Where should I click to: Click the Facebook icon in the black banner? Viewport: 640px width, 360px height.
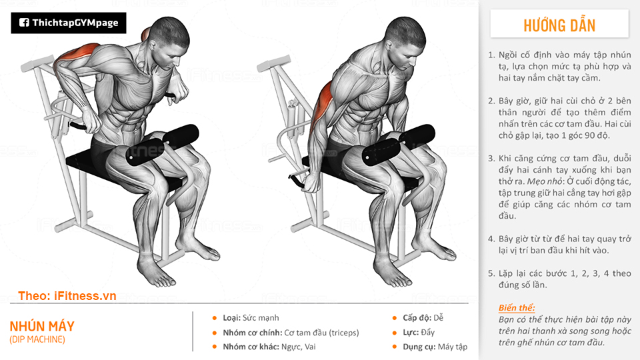(24, 23)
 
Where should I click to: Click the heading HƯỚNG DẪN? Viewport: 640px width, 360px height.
(559, 25)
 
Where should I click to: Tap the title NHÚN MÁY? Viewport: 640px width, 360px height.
(42, 326)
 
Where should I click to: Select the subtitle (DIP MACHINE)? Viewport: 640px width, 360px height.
(37, 339)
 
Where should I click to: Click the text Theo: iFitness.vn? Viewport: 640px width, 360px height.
(67, 296)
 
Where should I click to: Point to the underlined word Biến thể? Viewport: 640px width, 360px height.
(516, 308)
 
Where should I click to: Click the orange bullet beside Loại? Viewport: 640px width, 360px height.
(215, 318)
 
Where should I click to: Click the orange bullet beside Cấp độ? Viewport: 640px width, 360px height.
(394, 318)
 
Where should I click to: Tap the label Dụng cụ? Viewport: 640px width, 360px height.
(419, 347)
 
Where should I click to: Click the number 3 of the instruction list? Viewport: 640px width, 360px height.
(491, 159)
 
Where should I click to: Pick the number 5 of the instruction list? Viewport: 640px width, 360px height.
(491, 273)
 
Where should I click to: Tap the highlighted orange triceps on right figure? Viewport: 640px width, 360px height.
(322, 107)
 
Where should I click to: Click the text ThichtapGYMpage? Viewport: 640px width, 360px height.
(75, 23)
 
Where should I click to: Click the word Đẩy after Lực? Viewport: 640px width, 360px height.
(427, 333)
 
